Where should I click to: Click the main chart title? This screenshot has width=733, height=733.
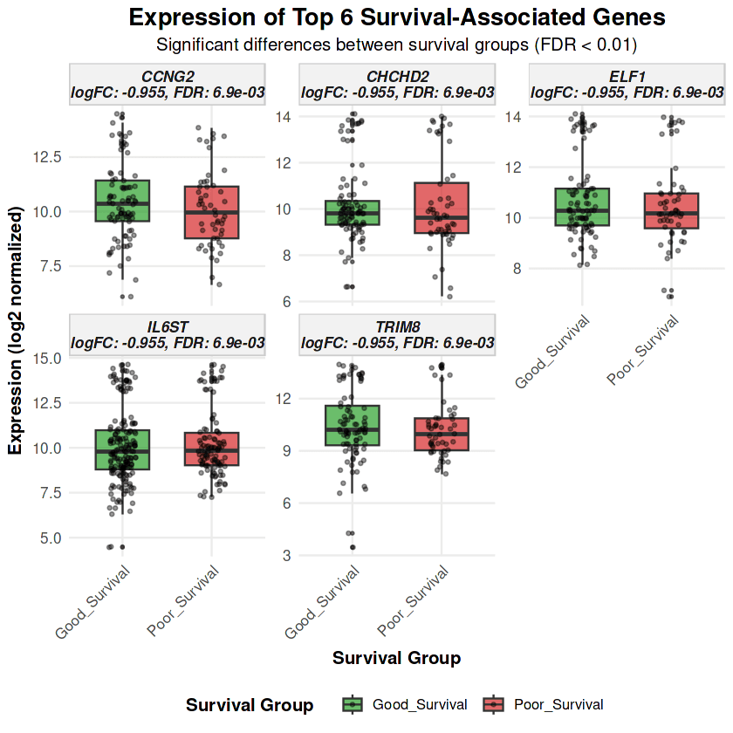[397, 17]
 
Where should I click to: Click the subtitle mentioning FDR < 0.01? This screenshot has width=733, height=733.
[397, 44]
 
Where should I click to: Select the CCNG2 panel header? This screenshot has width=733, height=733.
[168, 84]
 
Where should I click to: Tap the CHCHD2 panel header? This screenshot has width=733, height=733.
[397, 84]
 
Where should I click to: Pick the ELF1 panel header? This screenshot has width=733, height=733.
[627, 84]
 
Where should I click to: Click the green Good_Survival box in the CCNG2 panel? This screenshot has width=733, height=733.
[123, 201]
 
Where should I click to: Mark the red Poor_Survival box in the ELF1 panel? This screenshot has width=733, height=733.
[671, 210]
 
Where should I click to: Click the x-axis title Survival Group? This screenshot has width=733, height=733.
[397, 658]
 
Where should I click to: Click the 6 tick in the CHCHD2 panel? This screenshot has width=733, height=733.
[284, 302]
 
